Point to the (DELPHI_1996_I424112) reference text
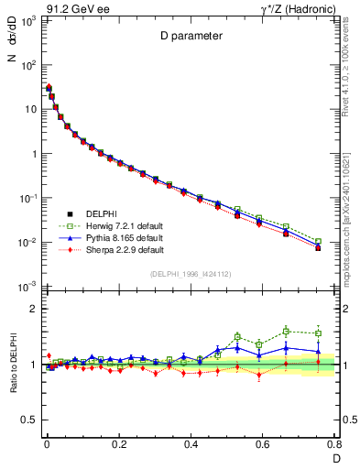point(190,273)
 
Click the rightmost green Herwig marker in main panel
point(318,242)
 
